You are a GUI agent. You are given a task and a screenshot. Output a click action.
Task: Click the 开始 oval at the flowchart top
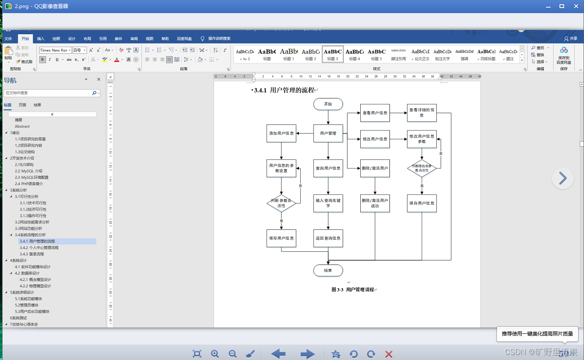click(328, 104)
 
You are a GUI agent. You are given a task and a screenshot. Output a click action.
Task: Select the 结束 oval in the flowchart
click(328, 270)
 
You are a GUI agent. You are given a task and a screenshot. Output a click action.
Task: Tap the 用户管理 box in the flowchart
click(328, 133)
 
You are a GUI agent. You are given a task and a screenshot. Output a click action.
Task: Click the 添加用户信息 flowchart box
click(281, 133)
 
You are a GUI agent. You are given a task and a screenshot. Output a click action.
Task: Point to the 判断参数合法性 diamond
click(281, 203)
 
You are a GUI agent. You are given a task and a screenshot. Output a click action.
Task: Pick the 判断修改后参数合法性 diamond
click(422, 168)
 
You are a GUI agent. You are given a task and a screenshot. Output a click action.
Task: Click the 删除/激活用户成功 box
click(375, 203)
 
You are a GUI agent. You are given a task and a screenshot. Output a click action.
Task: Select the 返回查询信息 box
click(328, 238)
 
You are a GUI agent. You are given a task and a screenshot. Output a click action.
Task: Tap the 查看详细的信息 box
click(422, 113)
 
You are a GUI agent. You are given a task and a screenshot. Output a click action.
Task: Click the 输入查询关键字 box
click(328, 203)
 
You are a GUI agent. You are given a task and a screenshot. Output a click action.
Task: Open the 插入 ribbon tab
click(41, 39)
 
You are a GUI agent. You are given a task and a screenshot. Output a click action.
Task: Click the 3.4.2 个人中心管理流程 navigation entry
click(39, 248)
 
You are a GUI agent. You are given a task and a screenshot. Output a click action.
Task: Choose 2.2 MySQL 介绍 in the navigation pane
click(32, 171)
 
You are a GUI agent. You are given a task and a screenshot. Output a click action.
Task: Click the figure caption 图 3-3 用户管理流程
click(353, 289)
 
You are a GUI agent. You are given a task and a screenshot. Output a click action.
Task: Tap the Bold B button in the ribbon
click(43, 60)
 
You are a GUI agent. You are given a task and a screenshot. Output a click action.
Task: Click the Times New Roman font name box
click(54, 50)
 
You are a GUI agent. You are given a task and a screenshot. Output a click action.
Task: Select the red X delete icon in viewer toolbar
click(389, 354)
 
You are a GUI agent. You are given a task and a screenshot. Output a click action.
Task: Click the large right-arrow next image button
click(562, 178)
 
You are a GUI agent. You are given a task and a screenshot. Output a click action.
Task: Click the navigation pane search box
click(48, 93)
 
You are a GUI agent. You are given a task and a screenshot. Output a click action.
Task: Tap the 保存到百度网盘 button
click(564, 55)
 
